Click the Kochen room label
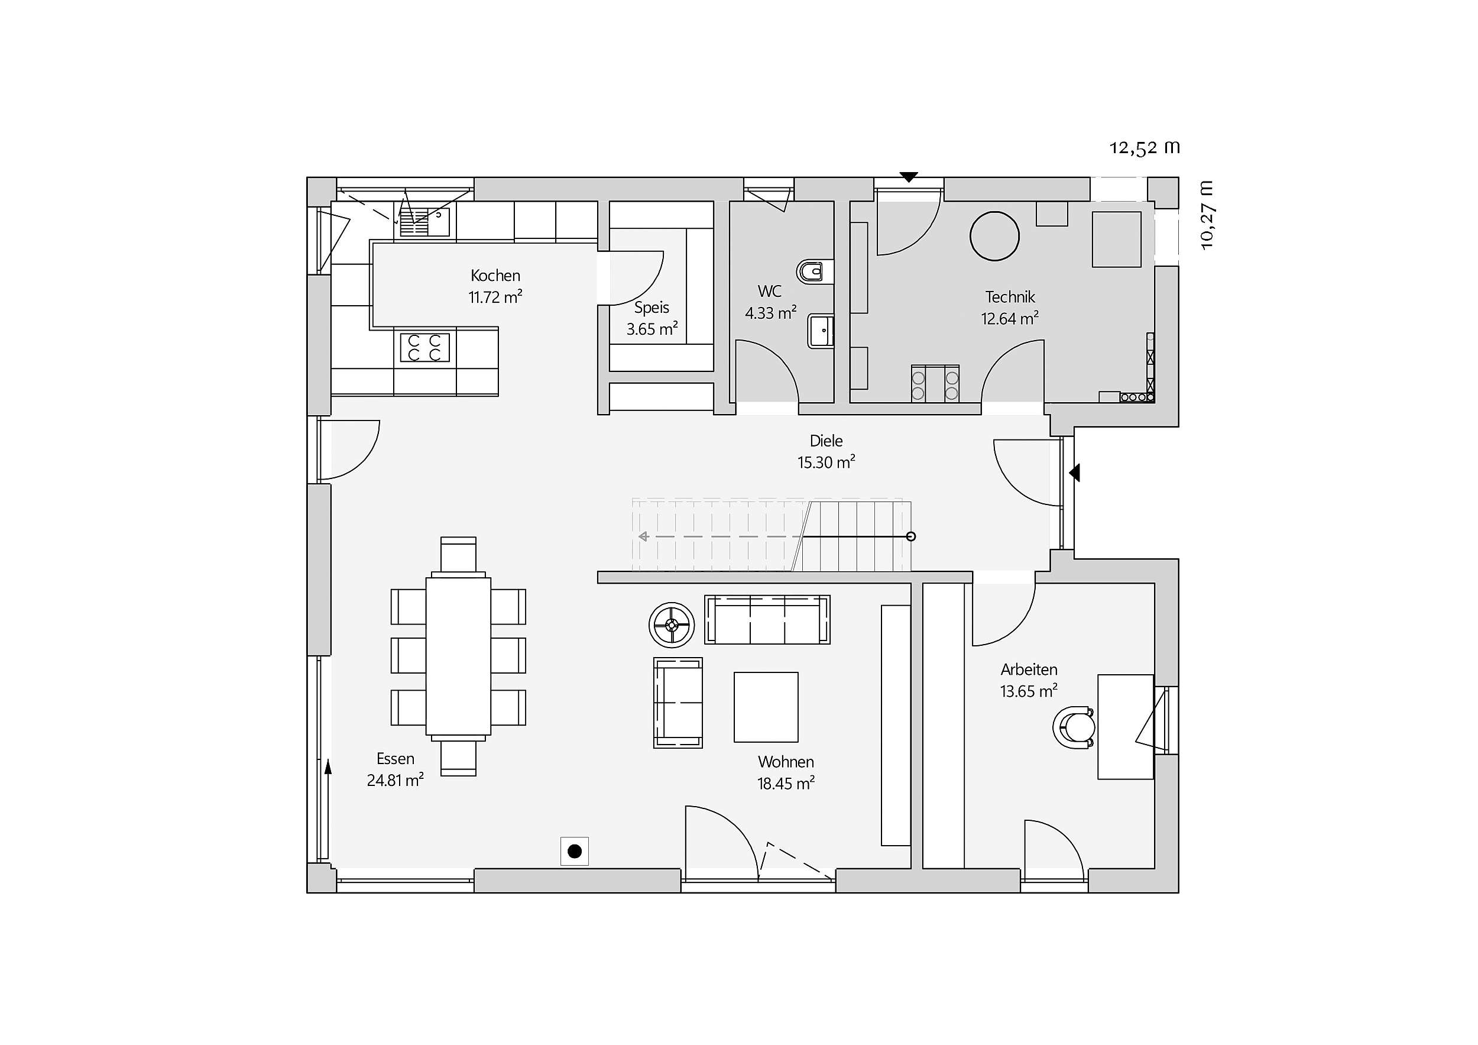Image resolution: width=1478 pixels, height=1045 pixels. coord(495,276)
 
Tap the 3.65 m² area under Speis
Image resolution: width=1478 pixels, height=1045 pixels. coord(652,329)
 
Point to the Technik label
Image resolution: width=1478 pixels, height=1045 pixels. coord(1010,297)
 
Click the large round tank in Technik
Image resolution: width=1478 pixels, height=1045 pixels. coord(994,237)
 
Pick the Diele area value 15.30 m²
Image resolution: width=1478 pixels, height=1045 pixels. coord(826,462)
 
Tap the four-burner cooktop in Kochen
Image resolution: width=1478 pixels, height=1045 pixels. coord(425,348)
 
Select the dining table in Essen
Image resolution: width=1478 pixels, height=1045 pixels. coord(458,655)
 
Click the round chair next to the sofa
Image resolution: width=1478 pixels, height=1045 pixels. coord(672,625)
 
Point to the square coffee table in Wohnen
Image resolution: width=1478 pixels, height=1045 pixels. coord(766,707)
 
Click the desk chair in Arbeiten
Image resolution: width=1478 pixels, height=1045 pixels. coord(1074,727)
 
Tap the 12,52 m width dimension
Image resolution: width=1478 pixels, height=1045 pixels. coord(1145,147)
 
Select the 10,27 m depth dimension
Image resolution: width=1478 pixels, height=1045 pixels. coord(1207,215)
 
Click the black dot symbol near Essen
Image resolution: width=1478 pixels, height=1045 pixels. coord(575,851)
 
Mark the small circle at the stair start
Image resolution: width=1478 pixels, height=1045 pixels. coord(911,536)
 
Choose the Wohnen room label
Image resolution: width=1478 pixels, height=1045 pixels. coord(786,762)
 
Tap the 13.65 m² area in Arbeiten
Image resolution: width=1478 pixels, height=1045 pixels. coord(1029,691)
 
